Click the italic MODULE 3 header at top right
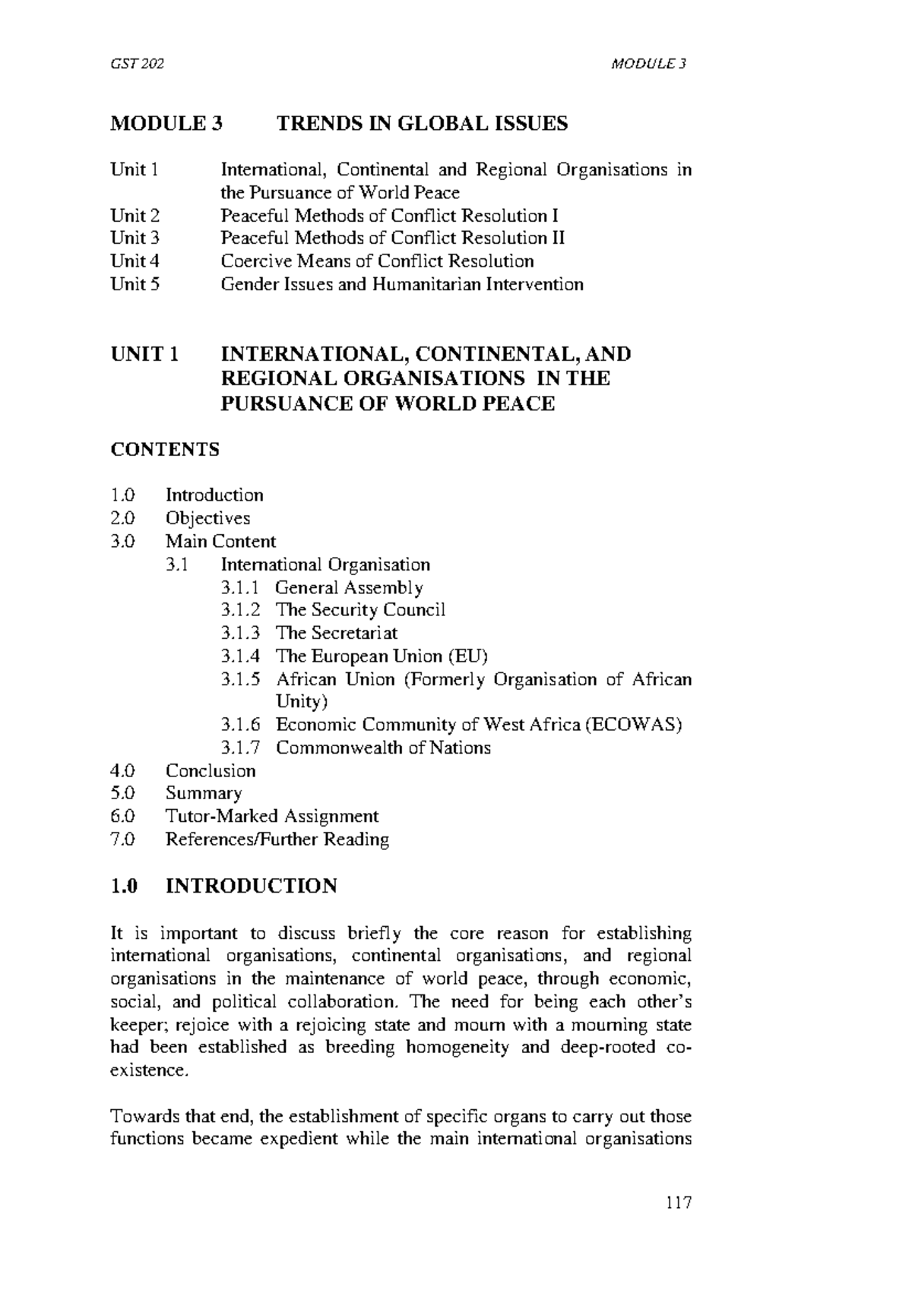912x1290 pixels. click(648, 64)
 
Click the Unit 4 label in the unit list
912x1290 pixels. click(135, 261)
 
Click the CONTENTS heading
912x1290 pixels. click(165, 450)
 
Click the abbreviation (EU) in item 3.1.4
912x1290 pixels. click(467, 656)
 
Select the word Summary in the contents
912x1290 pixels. click(204, 794)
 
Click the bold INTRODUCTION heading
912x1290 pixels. click(251, 887)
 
